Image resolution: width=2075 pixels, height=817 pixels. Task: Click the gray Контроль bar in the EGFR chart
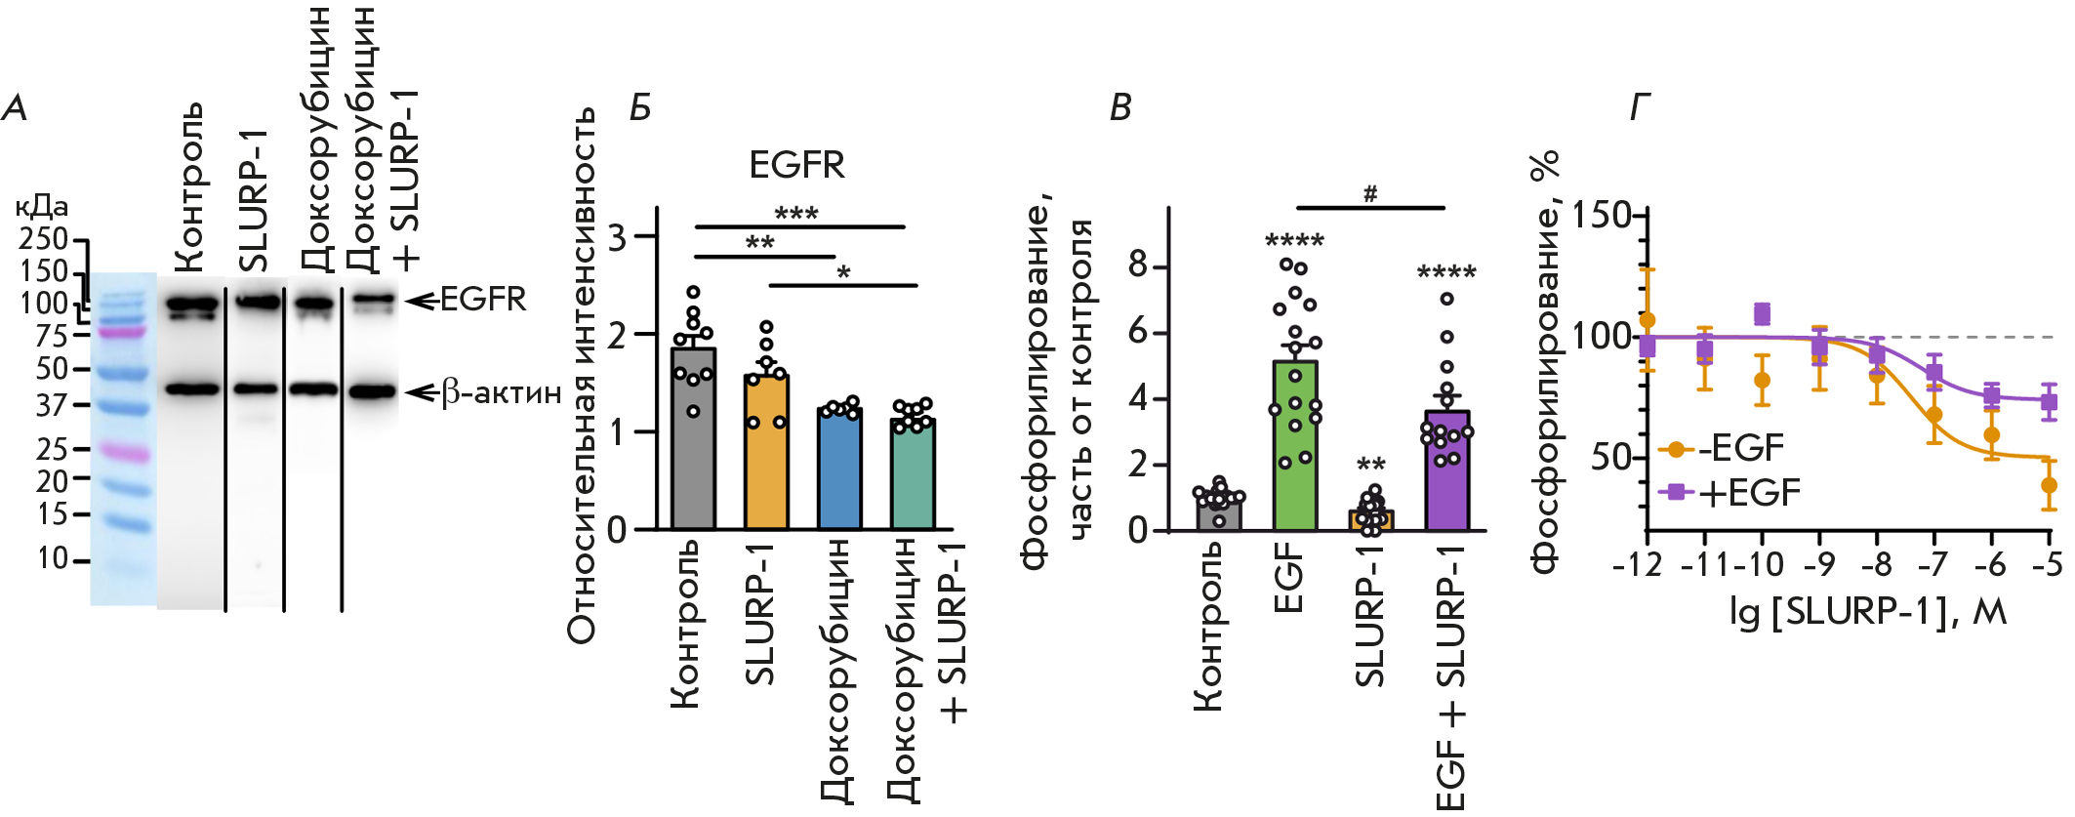click(x=693, y=439)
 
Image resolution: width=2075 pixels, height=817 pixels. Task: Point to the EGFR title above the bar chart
click(x=796, y=165)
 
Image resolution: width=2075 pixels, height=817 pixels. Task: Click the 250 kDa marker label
click(x=45, y=239)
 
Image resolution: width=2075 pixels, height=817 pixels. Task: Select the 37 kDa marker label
click(x=52, y=404)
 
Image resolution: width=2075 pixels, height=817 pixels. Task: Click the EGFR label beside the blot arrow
click(x=483, y=299)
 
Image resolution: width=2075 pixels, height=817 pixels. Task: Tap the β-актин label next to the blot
click(x=502, y=392)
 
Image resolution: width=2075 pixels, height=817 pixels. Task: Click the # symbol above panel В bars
click(x=1370, y=193)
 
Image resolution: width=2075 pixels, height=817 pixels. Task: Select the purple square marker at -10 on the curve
click(x=1762, y=313)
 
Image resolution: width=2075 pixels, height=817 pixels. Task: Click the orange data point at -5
click(x=2049, y=485)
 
